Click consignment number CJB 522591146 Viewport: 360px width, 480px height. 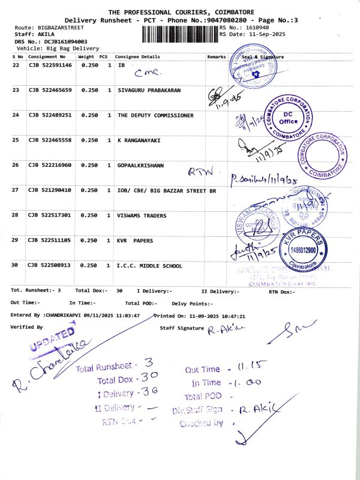point(50,65)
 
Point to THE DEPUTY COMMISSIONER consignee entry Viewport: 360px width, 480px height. point(155,115)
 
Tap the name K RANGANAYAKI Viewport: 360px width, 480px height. point(140,140)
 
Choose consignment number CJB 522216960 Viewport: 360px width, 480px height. point(50,164)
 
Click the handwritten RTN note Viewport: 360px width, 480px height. point(200,172)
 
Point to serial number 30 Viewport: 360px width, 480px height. point(16,265)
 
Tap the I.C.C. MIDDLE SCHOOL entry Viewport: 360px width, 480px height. point(149,265)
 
